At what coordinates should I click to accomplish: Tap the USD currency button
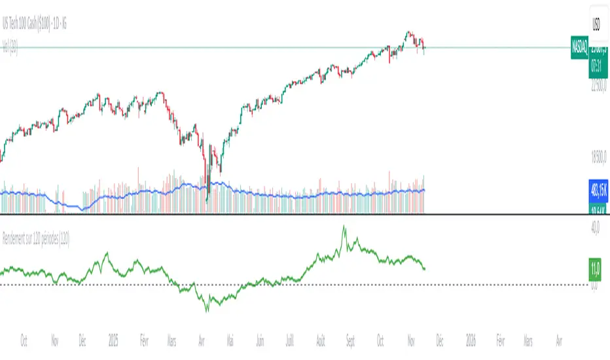pos(597,26)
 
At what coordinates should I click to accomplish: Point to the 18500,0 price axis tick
pos(599,155)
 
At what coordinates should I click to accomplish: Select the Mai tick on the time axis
pos(229,341)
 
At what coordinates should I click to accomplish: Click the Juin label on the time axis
pos(260,341)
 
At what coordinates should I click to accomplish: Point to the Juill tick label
pos(289,341)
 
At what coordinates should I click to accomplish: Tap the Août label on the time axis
pos(320,341)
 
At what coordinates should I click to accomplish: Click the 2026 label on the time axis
pos(470,341)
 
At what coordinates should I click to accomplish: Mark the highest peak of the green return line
pos(344,227)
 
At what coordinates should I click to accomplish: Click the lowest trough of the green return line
pos(206,310)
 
